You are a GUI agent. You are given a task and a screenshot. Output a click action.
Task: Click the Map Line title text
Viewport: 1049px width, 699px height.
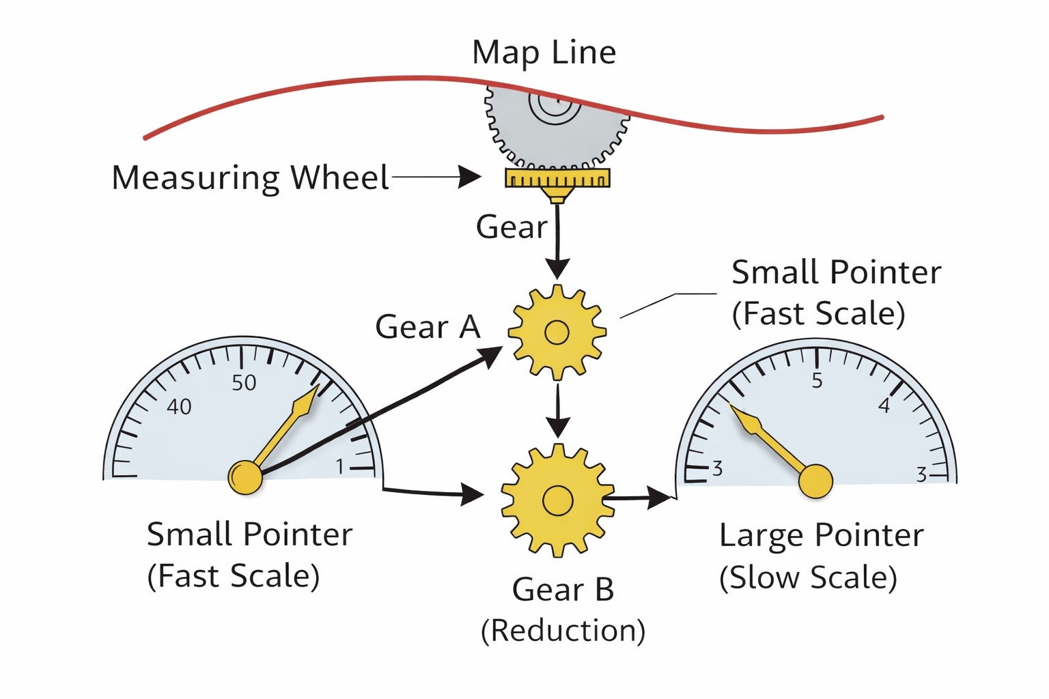544,53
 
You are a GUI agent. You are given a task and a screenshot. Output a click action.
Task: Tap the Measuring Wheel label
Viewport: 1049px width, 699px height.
250,177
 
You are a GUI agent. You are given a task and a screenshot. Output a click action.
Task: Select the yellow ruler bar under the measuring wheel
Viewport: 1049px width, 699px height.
557,179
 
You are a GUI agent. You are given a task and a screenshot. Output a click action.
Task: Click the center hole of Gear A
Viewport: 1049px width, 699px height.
557,332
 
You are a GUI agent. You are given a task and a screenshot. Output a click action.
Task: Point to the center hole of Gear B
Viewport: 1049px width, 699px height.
557,501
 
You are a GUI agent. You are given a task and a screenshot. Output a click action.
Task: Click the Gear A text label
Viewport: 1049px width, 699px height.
428,327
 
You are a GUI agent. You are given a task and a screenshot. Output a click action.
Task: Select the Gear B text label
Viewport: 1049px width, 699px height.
563,589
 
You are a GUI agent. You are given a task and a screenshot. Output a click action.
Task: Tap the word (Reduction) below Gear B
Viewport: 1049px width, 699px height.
563,630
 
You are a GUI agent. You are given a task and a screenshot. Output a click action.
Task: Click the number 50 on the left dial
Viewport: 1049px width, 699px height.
244,383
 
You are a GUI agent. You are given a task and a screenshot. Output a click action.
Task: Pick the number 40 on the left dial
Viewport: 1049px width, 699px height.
179,407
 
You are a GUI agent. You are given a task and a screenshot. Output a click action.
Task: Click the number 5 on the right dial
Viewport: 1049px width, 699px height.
817,381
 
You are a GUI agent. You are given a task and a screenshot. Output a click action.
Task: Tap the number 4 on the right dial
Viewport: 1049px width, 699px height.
884,406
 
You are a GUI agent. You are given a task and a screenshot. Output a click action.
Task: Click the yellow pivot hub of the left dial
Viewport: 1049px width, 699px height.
245,477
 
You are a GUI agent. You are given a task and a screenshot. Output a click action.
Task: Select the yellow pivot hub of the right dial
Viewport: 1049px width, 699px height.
815,481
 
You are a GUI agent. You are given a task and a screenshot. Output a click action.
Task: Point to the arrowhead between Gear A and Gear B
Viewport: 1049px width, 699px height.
558,428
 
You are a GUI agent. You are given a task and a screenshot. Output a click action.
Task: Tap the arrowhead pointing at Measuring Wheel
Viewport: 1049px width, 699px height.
470,177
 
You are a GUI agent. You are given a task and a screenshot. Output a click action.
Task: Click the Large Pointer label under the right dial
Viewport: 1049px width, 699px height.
821,535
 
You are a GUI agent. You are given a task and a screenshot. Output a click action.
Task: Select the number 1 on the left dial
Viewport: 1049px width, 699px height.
340,467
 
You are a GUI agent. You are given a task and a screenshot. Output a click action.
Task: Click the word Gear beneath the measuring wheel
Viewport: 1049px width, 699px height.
512,227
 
